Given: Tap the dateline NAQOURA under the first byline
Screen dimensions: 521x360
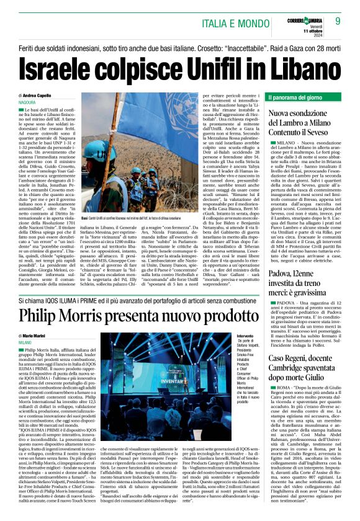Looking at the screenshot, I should (27, 102).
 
